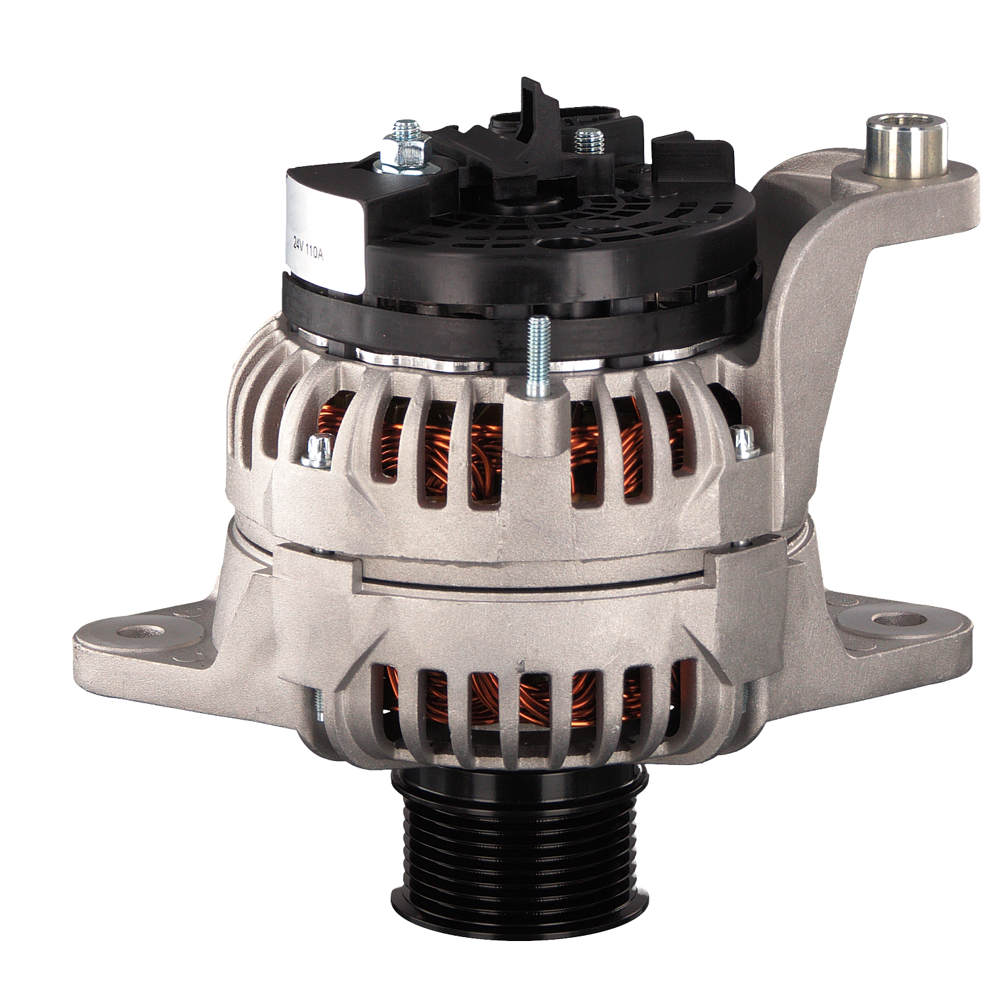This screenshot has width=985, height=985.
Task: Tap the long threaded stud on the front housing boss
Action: pyautogui.click(x=538, y=358)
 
